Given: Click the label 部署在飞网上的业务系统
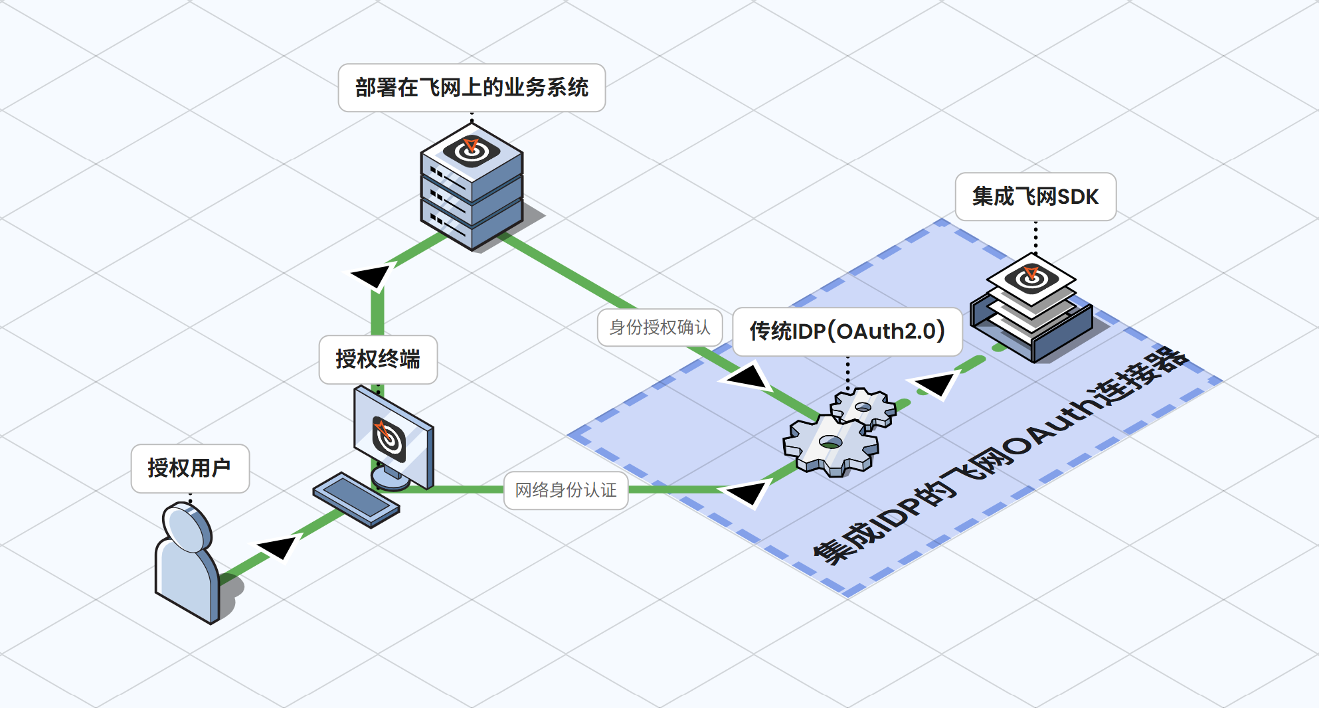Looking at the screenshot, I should (x=472, y=88).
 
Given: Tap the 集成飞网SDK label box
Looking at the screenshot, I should (x=1035, y=197).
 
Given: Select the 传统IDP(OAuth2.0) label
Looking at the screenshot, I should (x=847, y=331).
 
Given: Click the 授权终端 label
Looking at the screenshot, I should (x=378, y=359).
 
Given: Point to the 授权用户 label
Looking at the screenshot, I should (x=190, y=468).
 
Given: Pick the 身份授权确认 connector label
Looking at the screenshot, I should (x=659, y=327).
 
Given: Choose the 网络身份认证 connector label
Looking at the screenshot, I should (x=566, y=490).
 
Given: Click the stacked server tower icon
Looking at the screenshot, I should (x=472, y=193).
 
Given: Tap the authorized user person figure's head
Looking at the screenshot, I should (x=187, y=527).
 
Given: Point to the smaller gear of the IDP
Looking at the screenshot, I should (x=863, y=407).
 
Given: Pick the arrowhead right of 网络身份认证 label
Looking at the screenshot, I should (x=747, y=492).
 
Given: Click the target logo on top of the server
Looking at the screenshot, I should (x=472, y=149).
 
